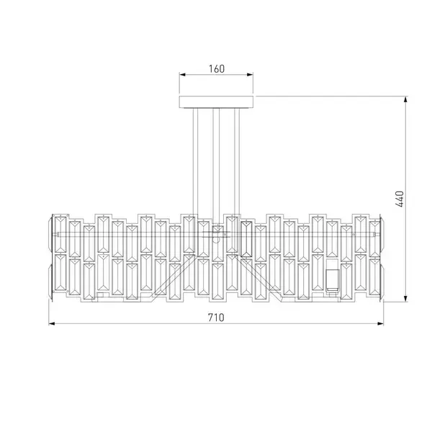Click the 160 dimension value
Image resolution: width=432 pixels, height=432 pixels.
tap(217, 69)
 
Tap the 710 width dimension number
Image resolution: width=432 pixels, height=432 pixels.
tap(216, 318)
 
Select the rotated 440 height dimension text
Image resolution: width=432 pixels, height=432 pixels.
tap(400, 199)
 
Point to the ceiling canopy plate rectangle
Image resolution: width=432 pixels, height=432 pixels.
tap(216, 102)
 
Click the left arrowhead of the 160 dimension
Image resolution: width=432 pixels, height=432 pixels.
tap(182, 74)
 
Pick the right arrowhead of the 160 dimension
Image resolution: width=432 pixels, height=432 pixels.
tap(250, 74)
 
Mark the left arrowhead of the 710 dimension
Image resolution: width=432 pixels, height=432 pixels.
tap(52, 323)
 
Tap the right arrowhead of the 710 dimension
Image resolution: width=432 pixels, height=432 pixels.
tap(380, 323)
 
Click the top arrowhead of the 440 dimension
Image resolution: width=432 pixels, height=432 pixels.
tap(405, 100)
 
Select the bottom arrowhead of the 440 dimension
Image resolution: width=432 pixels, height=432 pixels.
tap(405, 298)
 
